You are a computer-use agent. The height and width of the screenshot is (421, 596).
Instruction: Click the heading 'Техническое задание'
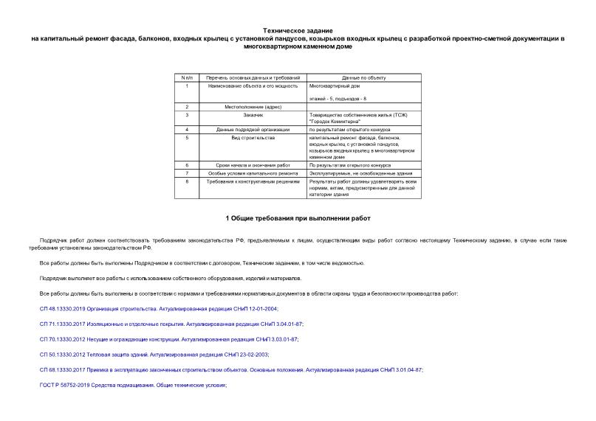(x=298, y=29)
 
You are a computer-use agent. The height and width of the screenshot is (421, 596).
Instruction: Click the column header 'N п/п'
(x=187, y=77)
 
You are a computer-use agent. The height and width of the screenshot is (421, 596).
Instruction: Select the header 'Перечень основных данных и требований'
(x=252, y=77)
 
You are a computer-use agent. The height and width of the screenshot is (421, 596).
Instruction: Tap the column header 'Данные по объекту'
(x=363, y=77)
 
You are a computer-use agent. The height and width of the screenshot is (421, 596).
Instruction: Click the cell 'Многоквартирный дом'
(x=335, y=86)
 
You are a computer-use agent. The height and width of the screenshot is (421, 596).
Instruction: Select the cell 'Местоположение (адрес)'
(x=252, y=107)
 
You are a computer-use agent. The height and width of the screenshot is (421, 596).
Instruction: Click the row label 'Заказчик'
(x=252, y=115)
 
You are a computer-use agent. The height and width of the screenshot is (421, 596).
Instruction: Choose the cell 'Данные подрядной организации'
(x=252, y=130)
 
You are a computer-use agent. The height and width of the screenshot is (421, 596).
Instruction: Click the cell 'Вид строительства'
(x=252, y=138)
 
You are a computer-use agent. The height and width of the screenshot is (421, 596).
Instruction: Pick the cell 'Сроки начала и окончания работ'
(x=252, y=165)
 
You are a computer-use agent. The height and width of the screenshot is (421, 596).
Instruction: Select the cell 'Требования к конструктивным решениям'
(x=252, y=181)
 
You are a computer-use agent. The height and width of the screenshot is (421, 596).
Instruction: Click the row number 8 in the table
(x=187, y=181)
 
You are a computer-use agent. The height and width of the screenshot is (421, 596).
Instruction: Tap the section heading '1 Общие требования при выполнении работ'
(x=298, y=218)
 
